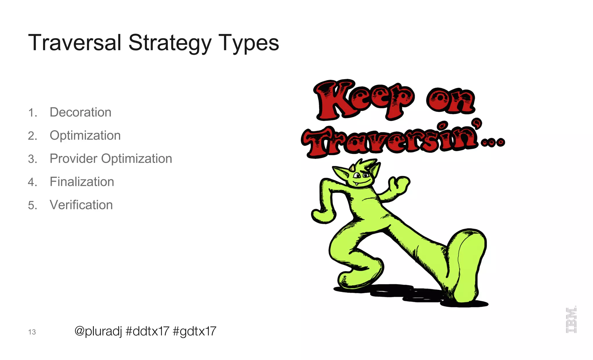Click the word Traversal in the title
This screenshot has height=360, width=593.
pyautogui.click(x=74, y=43)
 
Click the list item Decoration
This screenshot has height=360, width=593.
pyautogui.click(x=80, y=112)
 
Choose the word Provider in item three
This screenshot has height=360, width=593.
pyautogui.click(x=73, y=159)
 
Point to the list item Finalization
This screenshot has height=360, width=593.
pyautogui.click(x=82, y=182)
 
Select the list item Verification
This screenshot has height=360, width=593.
pyautogui.click(x=81, y=205)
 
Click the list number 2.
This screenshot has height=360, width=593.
pyautogui.click(x=32, y=136)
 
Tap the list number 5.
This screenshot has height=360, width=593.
pyautogui.click(x=32, y=205)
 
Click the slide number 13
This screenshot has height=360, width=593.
pyautogui.click(x=32, y=332)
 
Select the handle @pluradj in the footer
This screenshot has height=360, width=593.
pyautogui.click(x=98, y=331)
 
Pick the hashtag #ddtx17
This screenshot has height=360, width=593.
pyautogui.click(x=147, y=331)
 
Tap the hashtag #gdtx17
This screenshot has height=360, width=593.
pyautogui.click(x=194, y=331)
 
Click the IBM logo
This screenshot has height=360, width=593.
pyautogui.click(x=571, y=320)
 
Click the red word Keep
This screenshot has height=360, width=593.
pyautogui.click(x=363, y=100)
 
